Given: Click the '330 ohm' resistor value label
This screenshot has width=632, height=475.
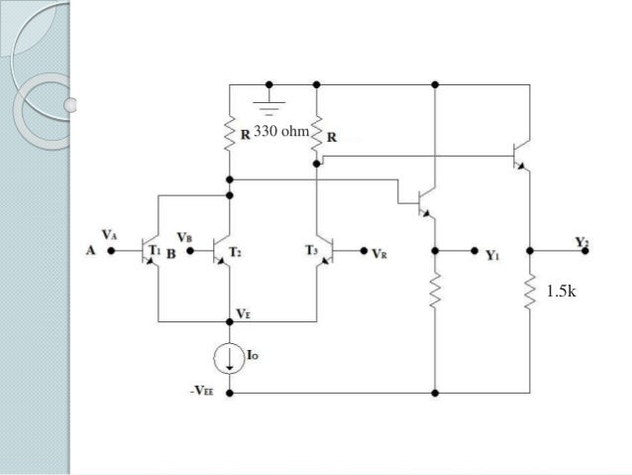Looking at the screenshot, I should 281,131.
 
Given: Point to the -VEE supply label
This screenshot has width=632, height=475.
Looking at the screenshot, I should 204,392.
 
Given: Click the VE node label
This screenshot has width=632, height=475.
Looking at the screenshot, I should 243,313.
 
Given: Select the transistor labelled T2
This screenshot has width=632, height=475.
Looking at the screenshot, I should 222,251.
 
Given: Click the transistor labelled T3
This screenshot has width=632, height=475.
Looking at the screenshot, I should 323,251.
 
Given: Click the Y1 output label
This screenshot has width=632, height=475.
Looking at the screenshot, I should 492,254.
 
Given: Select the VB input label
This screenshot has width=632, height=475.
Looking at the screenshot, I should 183,238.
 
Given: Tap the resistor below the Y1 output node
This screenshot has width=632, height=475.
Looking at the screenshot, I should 434,291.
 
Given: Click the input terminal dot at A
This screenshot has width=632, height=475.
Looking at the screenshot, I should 110,252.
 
